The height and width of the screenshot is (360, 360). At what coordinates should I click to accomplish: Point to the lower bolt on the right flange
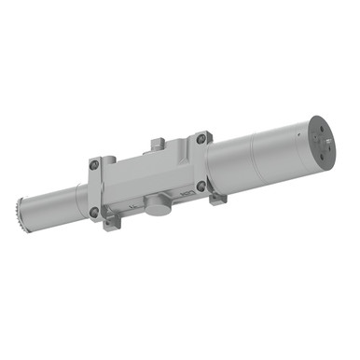click(201, 186)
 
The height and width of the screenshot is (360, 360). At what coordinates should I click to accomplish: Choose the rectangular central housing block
click(149, 177)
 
